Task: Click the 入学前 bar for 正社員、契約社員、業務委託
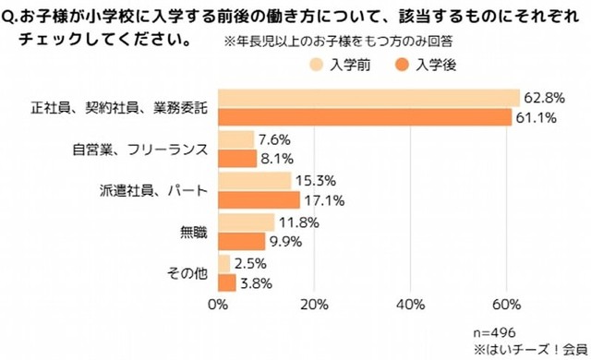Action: [369, 98]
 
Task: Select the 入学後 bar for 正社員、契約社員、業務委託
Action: [365, 117]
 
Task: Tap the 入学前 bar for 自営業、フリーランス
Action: [236, 139]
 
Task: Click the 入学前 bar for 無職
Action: [247, 222]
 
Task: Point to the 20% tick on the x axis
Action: [314, 305]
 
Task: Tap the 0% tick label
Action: [219, 305]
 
